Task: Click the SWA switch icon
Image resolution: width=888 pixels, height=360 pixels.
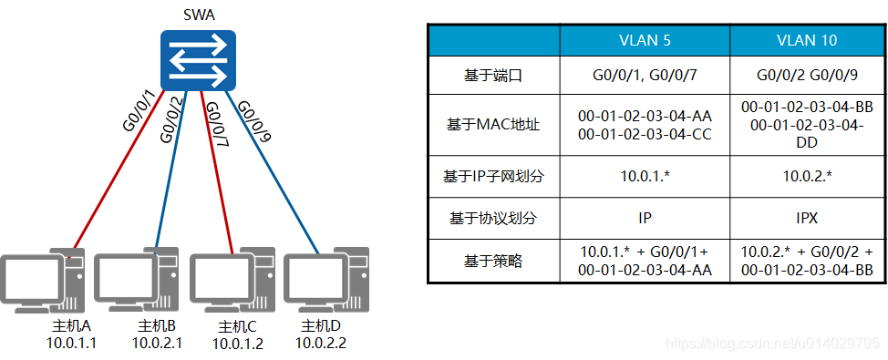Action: [x=198, y=58]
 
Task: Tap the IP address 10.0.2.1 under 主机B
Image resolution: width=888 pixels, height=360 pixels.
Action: [x=158, y=343]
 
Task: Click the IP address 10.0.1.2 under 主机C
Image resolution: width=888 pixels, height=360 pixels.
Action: [x=238, y=344]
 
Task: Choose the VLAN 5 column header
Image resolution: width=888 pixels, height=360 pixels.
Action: [x=645, y=40]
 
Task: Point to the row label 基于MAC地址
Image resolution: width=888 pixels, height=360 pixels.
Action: [x=493, y=125]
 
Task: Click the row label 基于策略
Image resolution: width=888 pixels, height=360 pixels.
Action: [x=493, y=261]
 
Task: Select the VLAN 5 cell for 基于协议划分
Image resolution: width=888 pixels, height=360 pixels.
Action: [x=645, y=219]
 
